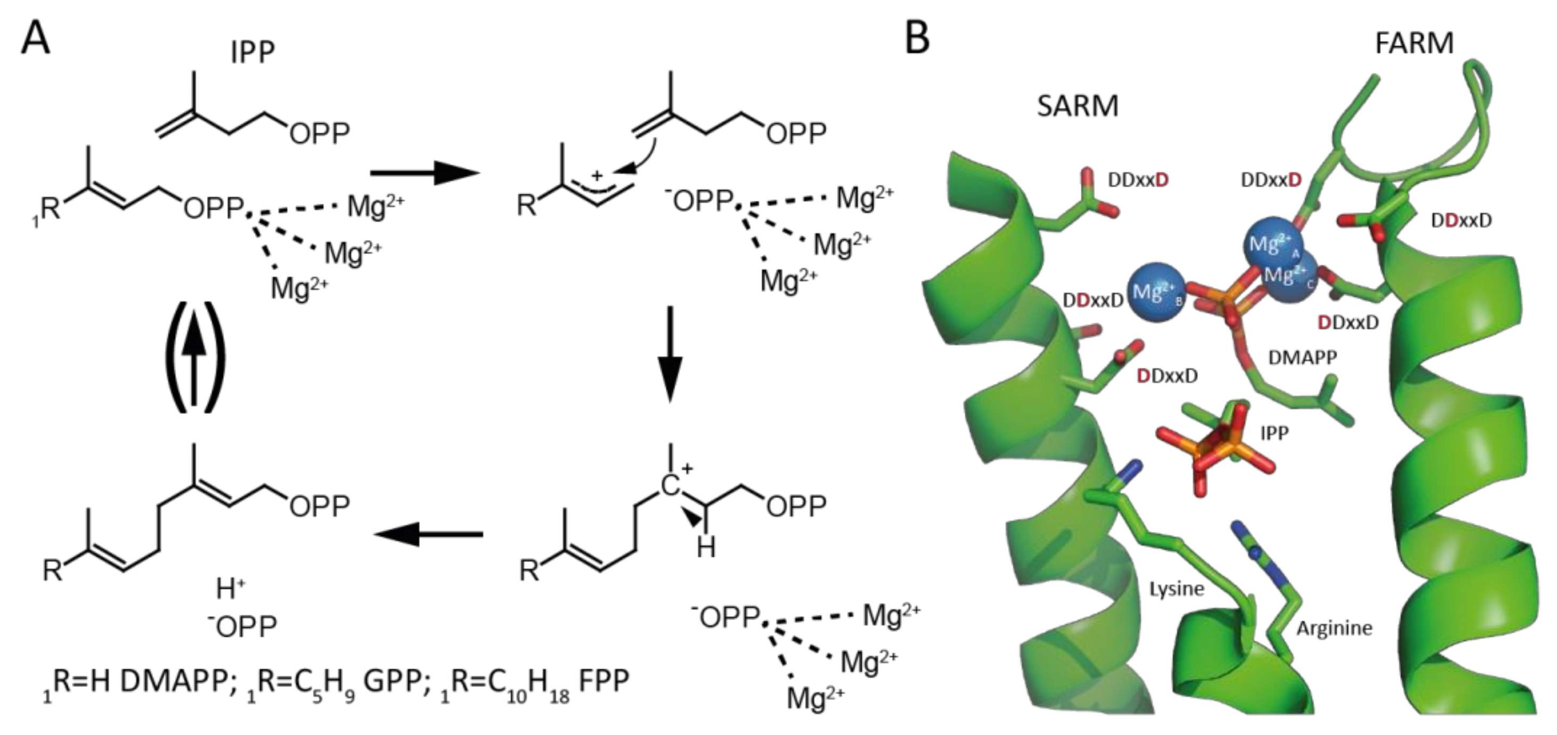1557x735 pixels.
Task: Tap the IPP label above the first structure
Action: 253,53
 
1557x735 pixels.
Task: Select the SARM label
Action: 1078,106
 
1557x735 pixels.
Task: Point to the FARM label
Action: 1414,44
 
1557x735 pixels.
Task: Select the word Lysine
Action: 1176,588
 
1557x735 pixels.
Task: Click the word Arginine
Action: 1335,629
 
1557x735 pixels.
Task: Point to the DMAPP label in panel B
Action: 1302,358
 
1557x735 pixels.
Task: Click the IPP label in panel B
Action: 1274,433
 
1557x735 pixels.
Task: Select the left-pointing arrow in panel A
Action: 428,534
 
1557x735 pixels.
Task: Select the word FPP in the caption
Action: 604,681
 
